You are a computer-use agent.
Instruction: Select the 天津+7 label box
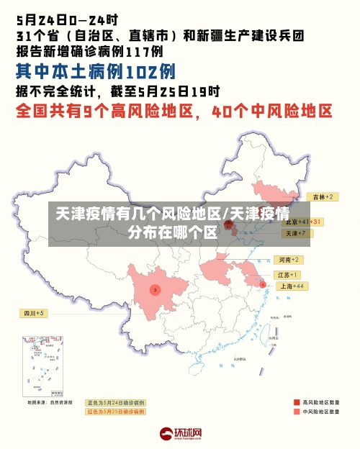(x=296, y=234)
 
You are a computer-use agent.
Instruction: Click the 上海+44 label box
(x=291, y=286)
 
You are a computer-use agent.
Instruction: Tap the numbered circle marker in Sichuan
(x=155, y=289)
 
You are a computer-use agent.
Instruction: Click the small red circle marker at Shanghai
(x=263, y=285)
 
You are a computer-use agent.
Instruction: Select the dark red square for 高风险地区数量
(x=297, y=402)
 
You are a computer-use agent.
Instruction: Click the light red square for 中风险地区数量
(x=297, y=412)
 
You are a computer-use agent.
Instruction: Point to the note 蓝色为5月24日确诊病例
(x=115, y=403)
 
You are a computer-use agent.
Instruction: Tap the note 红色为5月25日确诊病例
(x=115, y=412)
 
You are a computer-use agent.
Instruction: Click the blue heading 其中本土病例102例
(x=96, y=71)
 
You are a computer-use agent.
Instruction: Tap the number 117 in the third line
(x=135, y=51)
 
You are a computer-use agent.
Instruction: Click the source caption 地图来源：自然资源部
(x=50, y=402)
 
